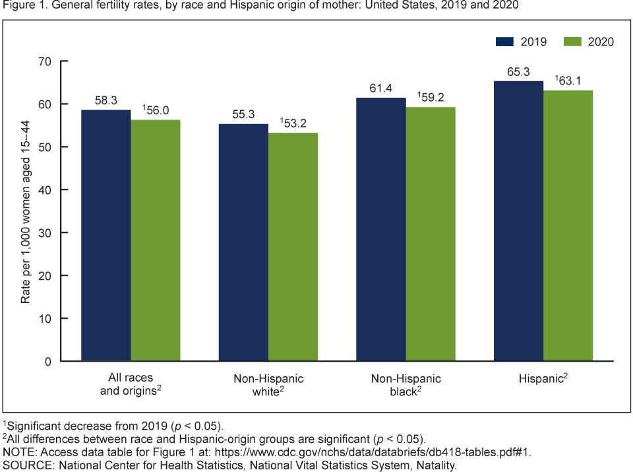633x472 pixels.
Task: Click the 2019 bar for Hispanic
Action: tap(518, 220)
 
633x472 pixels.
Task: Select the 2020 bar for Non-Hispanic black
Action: tap(431, 234)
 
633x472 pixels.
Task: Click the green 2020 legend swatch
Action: tap(572, 42)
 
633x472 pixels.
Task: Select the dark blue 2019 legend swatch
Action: tap(504, 42)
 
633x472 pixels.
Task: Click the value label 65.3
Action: tap(518, 72)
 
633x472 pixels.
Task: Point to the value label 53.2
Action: tap(294, 123)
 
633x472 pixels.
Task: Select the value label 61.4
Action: tap(381, 88)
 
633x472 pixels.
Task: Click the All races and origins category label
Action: tap(131, 384)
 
